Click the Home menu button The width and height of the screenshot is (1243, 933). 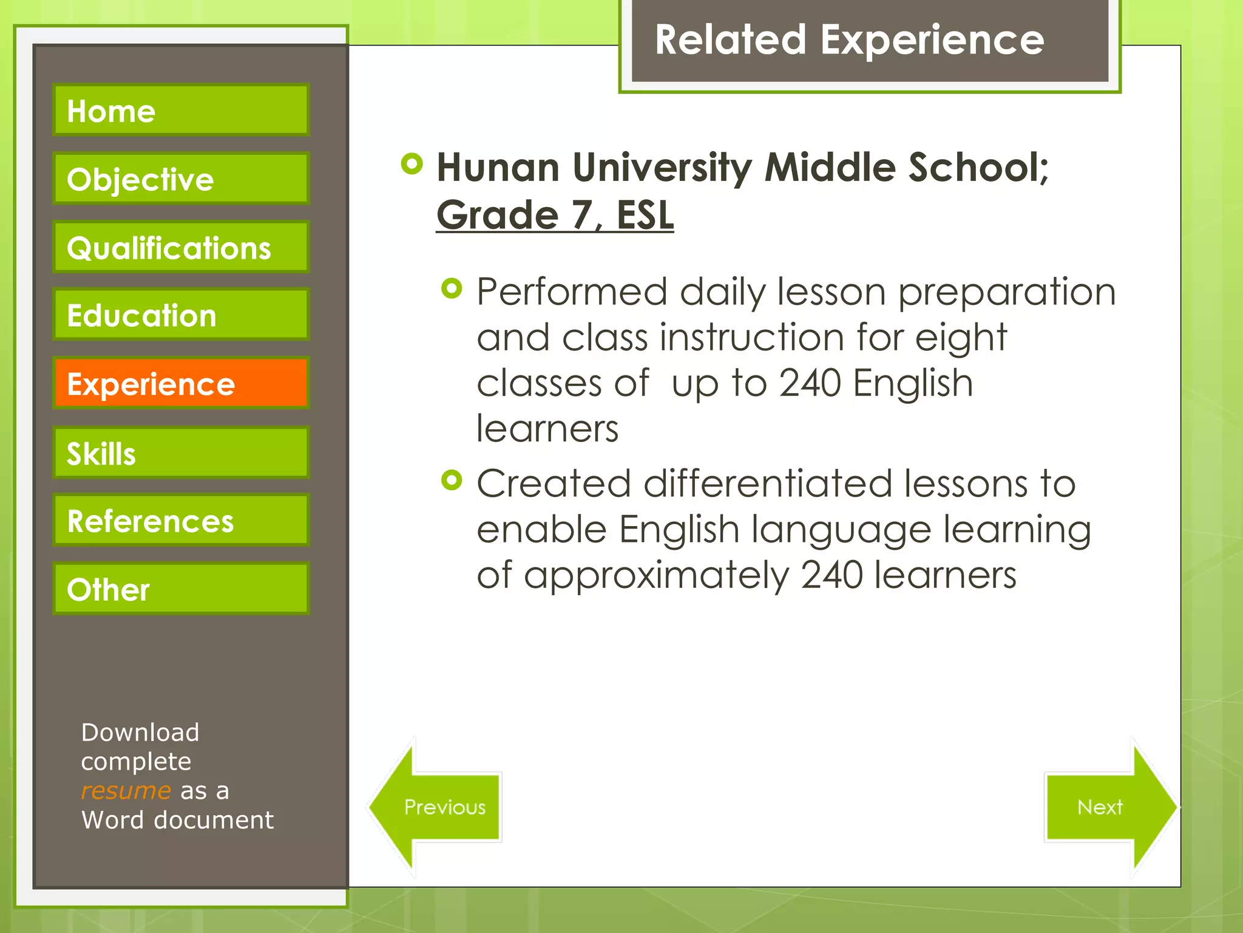181,110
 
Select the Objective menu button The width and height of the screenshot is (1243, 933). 181,179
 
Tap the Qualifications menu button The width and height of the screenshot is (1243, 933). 181,247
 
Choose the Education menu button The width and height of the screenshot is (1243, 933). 181,315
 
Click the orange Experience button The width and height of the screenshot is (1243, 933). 181,383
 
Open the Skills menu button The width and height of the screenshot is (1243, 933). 181,453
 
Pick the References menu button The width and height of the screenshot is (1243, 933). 181,521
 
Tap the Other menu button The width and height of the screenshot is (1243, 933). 181,589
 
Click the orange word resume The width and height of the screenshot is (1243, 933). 126,791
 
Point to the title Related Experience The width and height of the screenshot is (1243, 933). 849,40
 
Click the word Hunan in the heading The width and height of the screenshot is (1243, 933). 498,168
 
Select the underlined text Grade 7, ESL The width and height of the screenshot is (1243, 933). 555,215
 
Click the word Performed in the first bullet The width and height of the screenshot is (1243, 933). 571,292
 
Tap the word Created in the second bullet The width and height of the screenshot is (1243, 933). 554,484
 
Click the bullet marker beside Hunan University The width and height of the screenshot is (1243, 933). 412,163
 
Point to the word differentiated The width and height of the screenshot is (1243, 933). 767,484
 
